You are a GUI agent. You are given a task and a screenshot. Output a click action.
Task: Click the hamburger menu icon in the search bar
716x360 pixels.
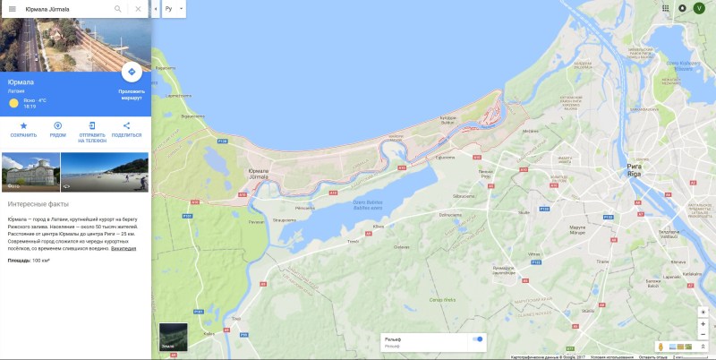pyautogui.click(x=12, y=9)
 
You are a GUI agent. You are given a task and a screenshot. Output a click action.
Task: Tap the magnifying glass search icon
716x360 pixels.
pyautogui.click(x=117, y=9)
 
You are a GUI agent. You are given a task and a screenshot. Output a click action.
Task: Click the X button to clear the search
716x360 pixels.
pyautogui.click(x=138, y=9)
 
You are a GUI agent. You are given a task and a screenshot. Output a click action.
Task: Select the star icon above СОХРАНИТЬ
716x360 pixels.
pyautogui.click(x=24, y=125)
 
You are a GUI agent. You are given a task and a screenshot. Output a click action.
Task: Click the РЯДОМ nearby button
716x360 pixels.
pyautogui.click(x=58, y=125)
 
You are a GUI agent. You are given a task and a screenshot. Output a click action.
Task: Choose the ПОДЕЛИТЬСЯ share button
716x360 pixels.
pyautogui.click(x=126, y=125)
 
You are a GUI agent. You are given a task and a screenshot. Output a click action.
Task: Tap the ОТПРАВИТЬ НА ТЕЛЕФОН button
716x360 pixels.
pyautogui.click(x=92, y=125)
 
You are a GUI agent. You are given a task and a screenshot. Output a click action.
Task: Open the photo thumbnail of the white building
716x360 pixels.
pyautogui.click(x=30, y=172)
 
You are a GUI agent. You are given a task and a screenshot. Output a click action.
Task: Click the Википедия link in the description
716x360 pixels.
pyautogui.click(x=124, y=248)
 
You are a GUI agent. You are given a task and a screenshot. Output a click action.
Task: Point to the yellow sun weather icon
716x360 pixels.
pyautogui.click(x=13, y=103)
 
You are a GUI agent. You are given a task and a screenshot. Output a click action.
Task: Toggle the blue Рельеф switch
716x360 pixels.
pyautogui.click(x=477, y=339)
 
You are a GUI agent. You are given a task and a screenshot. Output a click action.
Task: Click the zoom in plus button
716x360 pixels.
pyautogui.click(x=703, y=312)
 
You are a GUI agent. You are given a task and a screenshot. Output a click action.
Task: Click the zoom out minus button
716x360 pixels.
pyautogui.click(x=703, y=324)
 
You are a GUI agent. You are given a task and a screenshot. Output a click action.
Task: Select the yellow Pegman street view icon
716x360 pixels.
pyautogui.click(x=660, y=346)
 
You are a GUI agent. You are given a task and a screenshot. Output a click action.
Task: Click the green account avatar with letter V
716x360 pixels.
pyautogui.click(x=700, y=8)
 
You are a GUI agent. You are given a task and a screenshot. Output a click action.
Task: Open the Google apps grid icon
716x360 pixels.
pyautogui.click(x=666, y=8)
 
